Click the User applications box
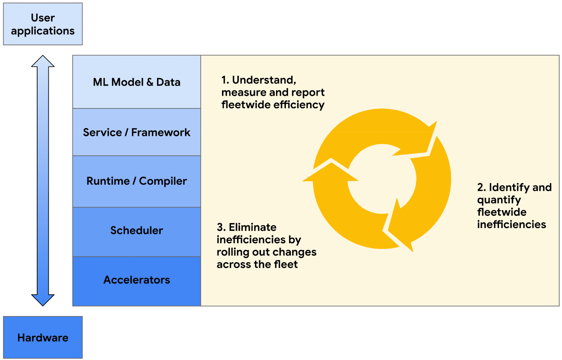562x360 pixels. pos(43,24)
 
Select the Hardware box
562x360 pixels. pos(43,337)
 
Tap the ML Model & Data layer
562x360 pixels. pos(137,82)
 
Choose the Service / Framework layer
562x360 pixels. pos(137,132)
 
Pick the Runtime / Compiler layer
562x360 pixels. pos(137,181)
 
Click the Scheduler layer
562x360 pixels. pos(137,230)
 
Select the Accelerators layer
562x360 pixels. pos(137,280)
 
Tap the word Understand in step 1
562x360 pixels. pos(264,80)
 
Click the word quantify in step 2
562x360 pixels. pos(499,200)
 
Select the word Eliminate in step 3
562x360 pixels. pos(253,227)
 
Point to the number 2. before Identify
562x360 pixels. pos(482,187)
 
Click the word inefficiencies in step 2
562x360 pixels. pos(511,224)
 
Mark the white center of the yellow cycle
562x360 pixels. pos(382,179)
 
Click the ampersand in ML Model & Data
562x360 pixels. pos(150,82)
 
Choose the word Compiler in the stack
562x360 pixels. pos(163,181)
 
